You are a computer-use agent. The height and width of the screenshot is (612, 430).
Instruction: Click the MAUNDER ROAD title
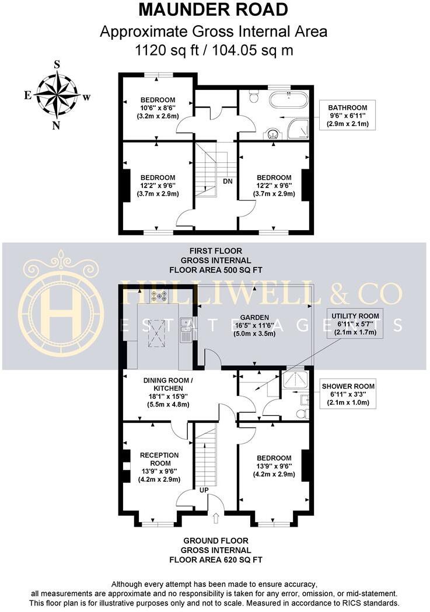click(x=214, y=10)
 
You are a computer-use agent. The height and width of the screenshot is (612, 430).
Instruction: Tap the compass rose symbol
click(x=57, y=94)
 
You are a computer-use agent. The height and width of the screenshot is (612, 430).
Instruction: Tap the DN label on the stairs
click(x=228, y=181)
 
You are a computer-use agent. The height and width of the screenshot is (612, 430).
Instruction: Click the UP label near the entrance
click(x=204, y=489)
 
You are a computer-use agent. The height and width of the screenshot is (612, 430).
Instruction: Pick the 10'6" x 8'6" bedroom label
click(x=158, y=108)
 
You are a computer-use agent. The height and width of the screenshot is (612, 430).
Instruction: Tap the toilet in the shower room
click(x=301, y=413)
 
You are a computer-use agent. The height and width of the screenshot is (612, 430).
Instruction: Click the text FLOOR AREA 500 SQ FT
click(x=215, y=270)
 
